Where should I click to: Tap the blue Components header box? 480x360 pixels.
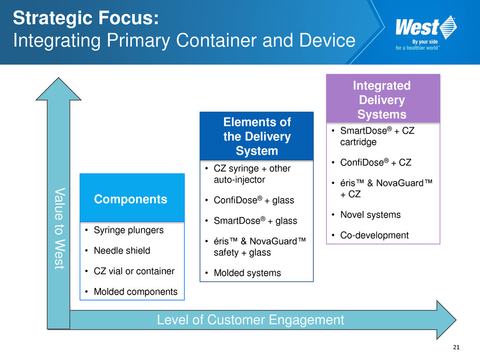click(x=132, y=199)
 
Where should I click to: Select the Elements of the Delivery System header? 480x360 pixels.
click(x=256, y=136)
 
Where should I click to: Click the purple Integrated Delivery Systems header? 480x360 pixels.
click(x=382, y=100)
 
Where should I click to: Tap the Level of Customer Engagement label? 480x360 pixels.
click(x=250, y=320)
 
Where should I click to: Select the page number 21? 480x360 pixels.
click(x=456, y=348)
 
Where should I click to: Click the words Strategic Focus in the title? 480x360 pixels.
click(x=86, y=19)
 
